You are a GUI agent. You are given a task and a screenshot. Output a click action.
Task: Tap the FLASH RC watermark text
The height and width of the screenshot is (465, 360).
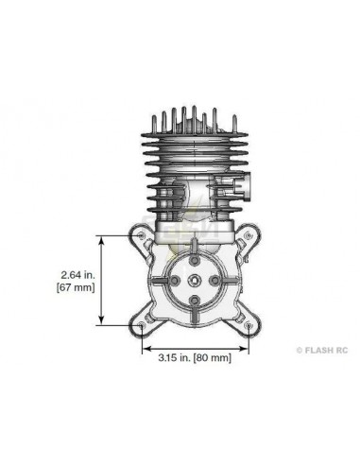click(x=326, y=350)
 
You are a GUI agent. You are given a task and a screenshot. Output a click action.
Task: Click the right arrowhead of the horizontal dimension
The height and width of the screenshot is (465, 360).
click(x=248, y=347)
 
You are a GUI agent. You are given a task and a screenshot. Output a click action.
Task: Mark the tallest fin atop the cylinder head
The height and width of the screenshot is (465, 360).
click(x=195, y=118)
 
